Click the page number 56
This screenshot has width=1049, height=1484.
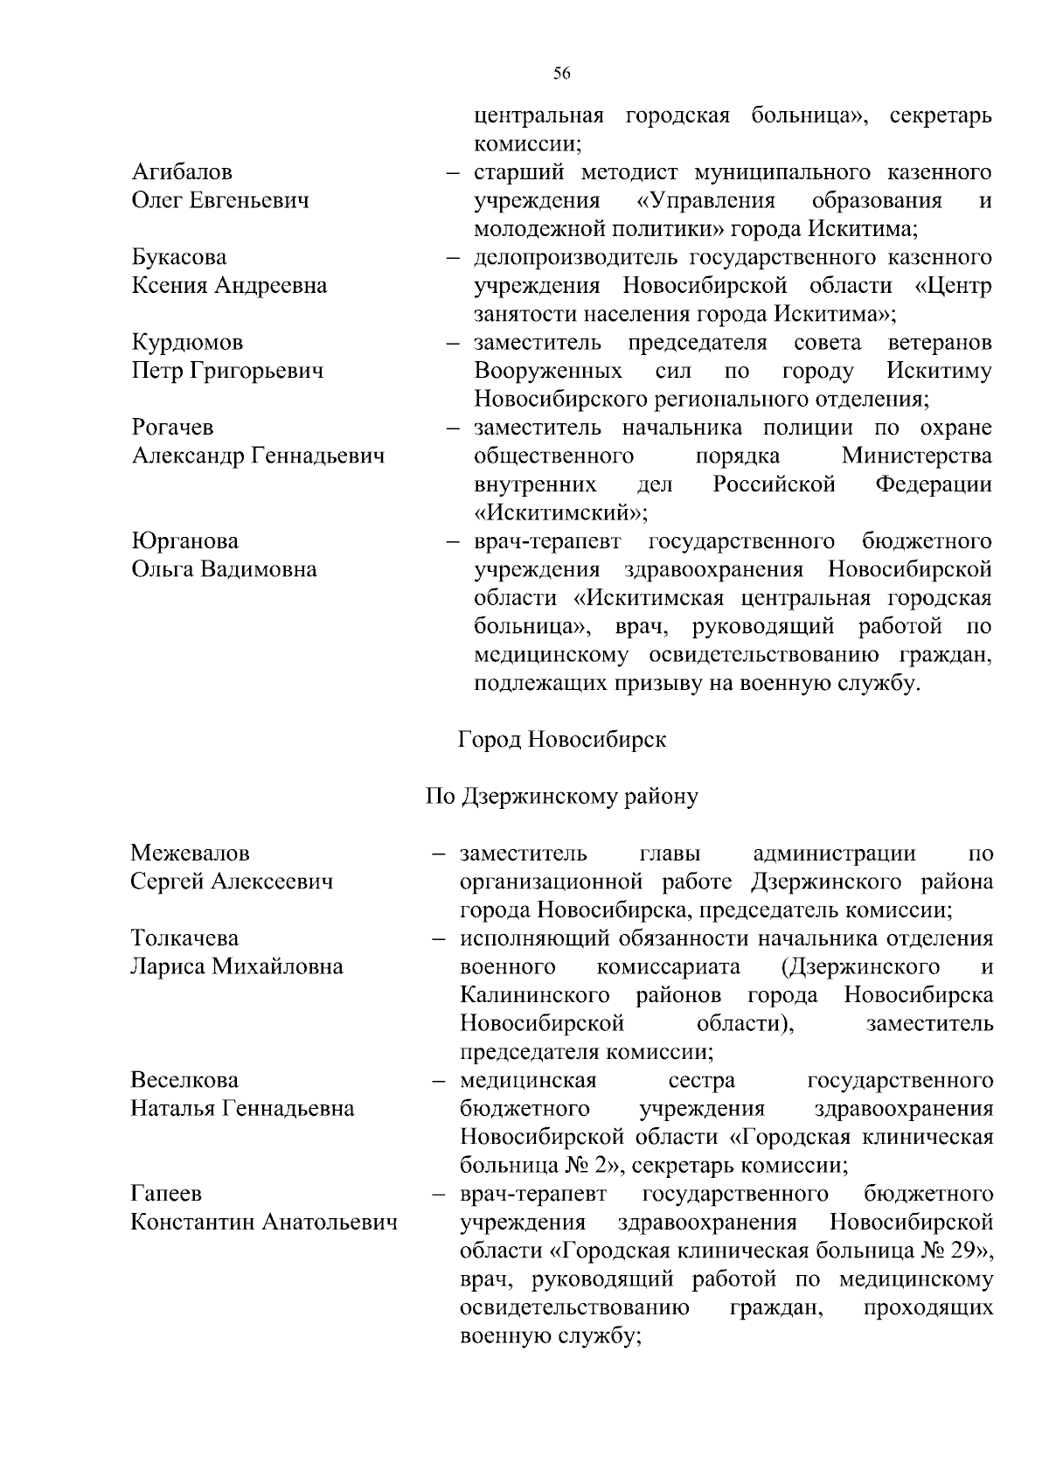tap(561, 74)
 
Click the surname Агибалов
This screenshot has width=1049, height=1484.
tap(182, 172)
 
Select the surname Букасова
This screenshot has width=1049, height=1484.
tap(178, 257)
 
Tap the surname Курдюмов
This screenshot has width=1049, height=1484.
tap(187, 343)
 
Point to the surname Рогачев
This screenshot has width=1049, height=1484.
tap(172, 428)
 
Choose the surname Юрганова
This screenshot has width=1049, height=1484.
tap(184, 541)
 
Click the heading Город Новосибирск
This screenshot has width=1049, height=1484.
tap(561, 740)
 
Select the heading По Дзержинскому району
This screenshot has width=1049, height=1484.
tap(561, 797)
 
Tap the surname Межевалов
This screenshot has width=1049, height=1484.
tap(190, 853)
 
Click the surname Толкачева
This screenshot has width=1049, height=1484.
tap(184, 938)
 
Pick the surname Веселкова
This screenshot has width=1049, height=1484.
tap(184, 1080)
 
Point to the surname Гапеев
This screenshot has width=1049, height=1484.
tap(166, 1194)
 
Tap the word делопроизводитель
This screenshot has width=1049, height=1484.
tap(576, 257)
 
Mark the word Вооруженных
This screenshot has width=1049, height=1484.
tap(548, 371)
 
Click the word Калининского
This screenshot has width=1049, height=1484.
tap(535, 995)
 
